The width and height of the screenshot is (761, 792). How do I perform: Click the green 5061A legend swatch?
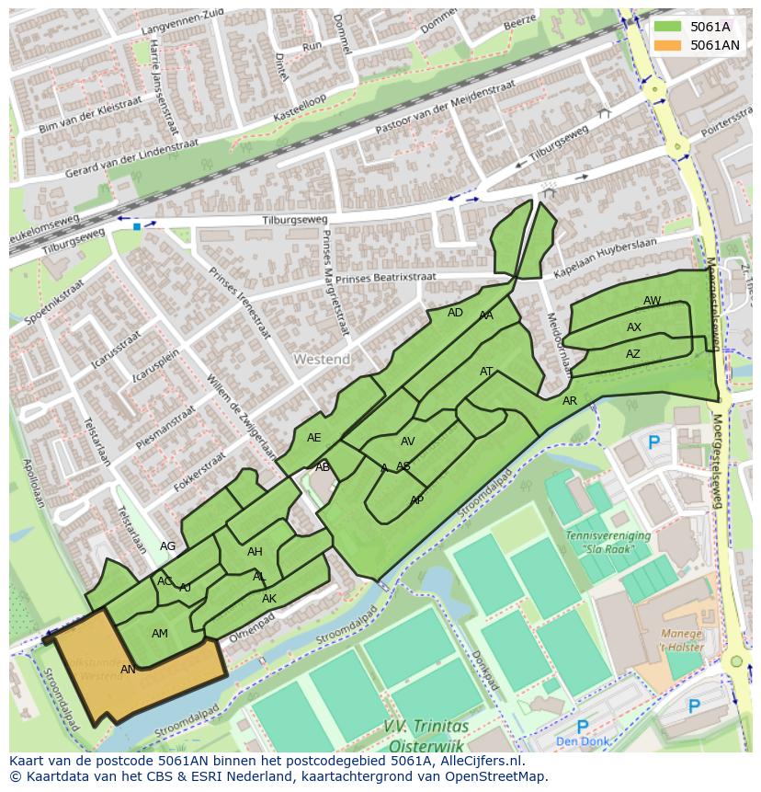coord(667,27)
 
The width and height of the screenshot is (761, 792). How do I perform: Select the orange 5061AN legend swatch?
coord(667,44)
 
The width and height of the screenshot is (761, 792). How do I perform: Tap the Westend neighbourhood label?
coord(322,358)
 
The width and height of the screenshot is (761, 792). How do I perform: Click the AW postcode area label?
coord(652,301)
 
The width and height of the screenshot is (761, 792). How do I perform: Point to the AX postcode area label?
coord(634,327)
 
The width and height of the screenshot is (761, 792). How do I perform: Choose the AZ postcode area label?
coord(633,354)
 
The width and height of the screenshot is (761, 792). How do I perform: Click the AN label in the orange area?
coord(129,670)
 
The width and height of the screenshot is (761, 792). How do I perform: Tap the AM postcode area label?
coord(160,634)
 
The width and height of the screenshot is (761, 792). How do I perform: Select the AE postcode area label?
coord(314,438)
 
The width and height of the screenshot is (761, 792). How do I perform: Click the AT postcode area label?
coord(487,372)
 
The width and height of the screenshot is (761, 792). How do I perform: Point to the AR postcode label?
coord(570,401)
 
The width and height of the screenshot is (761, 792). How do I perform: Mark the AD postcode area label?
coord(455,313)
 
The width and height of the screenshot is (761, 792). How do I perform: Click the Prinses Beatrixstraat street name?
coord(386,277)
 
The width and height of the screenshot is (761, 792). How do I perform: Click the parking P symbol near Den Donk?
coord(582,728)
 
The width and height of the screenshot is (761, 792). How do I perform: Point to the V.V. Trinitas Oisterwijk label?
coord(426,735)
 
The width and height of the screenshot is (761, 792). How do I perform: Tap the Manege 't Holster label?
coord(681,640)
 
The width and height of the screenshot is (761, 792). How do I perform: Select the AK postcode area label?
coord(269,599)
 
